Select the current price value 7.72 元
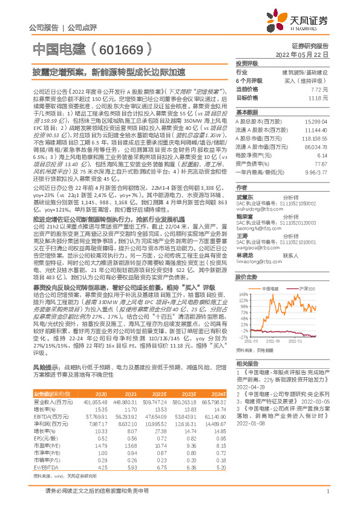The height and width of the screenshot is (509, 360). click(318, 88)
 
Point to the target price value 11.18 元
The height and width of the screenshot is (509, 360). click(317, 97)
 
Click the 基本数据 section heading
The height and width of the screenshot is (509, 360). click(247, 113)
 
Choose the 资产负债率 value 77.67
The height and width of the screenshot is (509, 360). click(318, 164)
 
